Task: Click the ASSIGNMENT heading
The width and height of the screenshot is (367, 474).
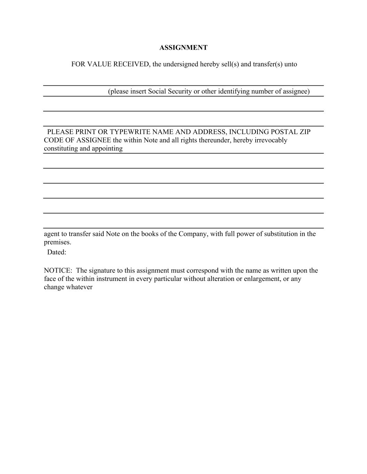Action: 183,48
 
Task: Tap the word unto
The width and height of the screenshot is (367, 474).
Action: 291,64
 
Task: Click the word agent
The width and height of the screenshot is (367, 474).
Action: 51,234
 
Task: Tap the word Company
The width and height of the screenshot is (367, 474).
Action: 193,234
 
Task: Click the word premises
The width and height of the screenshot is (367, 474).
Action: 57,242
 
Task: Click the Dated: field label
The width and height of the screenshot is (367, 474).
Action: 57,252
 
